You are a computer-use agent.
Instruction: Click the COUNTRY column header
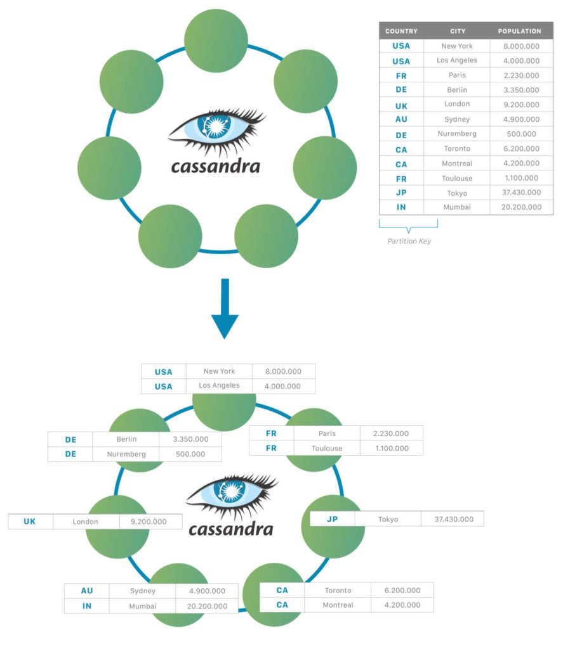(401, 31)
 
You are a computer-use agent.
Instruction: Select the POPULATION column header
(519, 31)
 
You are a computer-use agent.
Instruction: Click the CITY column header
(457, 31)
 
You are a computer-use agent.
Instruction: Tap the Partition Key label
(409, 241)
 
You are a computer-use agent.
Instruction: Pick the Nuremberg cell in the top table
(457, 134)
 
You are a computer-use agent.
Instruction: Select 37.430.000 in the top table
(521, 193)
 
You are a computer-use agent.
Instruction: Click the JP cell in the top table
(401, 193)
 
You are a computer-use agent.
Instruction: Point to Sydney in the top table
(457, 119)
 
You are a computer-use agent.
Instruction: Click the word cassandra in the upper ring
(216, 167)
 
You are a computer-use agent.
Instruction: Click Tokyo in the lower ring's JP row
(388, 519)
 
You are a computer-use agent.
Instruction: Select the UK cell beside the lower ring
(30, 522)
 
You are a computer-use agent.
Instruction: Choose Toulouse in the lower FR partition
(327, 448)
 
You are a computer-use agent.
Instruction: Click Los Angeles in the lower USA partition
(219, 385)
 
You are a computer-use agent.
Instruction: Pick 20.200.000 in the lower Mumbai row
(208, 606)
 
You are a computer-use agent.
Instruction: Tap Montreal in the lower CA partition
(337, 605)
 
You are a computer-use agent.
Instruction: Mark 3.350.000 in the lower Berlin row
(189, 439)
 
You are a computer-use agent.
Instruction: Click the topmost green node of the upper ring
(216, 41)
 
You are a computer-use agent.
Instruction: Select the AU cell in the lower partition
(87, 591)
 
